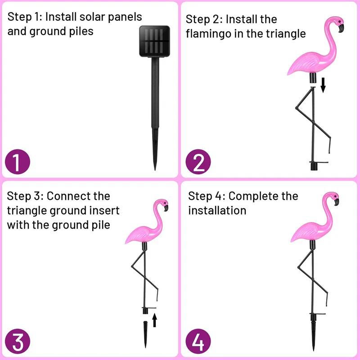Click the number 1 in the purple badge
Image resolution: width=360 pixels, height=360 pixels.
point(17,162)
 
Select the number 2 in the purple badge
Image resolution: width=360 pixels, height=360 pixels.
point(198,162)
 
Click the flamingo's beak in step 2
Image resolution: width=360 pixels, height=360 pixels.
point(340,28)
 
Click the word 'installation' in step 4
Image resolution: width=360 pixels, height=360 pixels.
point(217,211)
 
